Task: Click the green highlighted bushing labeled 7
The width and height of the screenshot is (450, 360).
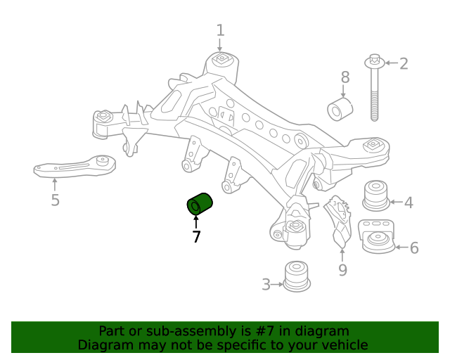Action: [x=200, y=205]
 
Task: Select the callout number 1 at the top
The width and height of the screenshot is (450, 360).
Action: [x=220, y=30]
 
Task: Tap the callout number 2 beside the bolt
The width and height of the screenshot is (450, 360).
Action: [x=404, y=64]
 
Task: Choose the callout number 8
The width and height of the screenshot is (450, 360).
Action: [x=345, y=77]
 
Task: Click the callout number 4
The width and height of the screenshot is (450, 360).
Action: [x=409, y=204]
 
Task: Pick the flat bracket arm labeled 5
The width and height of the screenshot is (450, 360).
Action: [x=74, y=165]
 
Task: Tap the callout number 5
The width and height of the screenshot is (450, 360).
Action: [x=55, y=201]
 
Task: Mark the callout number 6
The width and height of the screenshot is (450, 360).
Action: [x=413, y=247]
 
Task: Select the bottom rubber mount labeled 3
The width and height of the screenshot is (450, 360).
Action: [x=297, y=276]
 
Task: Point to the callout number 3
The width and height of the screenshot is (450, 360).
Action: [x=266, y=285]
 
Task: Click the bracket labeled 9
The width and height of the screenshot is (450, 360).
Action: [x=340, y=221]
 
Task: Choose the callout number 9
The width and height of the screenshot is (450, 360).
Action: [x=342, y=270]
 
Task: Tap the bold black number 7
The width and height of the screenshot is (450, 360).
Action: [x=196, y=238]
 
